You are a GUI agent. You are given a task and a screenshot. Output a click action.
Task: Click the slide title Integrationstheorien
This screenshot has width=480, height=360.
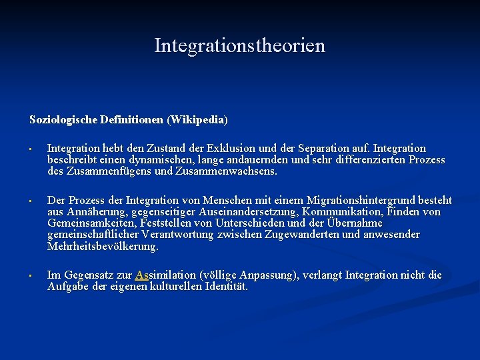(240, 46)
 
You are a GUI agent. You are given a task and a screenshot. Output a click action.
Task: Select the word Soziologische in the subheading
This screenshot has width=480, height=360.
(63, 120)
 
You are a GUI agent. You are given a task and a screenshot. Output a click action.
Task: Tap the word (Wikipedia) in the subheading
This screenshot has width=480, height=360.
(198, 120)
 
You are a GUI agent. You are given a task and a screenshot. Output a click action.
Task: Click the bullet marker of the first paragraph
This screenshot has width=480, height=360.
(31, 149)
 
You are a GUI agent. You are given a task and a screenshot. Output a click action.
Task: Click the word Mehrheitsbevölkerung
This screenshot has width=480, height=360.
(103, 246)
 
